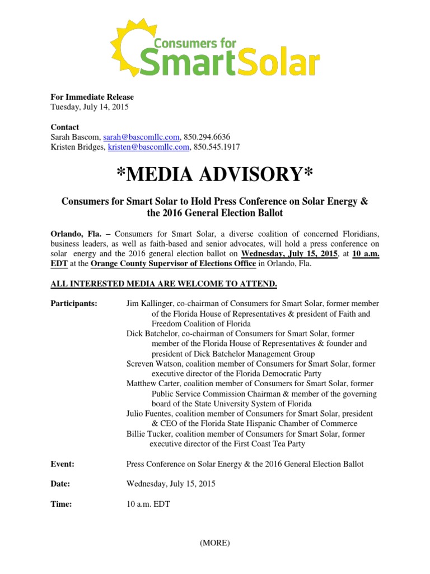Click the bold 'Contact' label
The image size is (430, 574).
pyautogui.click(x=65, y=127)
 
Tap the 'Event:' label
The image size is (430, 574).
pyautogui.click(x=62, y=464)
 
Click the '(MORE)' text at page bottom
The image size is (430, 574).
pyautogui.click(x=214, y=543)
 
